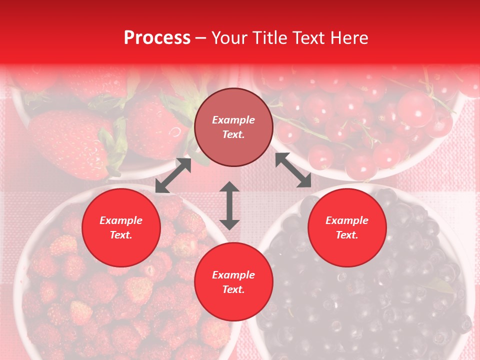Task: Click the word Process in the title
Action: (x=157, y=38)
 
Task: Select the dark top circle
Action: (x=233, y=127)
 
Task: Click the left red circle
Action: (x=121, y=227)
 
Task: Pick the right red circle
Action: (x=347, y=227)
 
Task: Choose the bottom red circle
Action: (x=233, y=282)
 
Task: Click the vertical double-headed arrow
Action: (x=229, y=205)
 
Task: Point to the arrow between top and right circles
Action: (x=293, y=170)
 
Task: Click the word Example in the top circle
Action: (x=233, y=120)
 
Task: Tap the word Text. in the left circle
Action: (x=121, y=235)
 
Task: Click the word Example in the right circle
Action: (x=347, y=220)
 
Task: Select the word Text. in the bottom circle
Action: (x=233, y=289)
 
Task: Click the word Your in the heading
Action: (x=229, y=38)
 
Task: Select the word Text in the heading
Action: (x=308, y=38)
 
